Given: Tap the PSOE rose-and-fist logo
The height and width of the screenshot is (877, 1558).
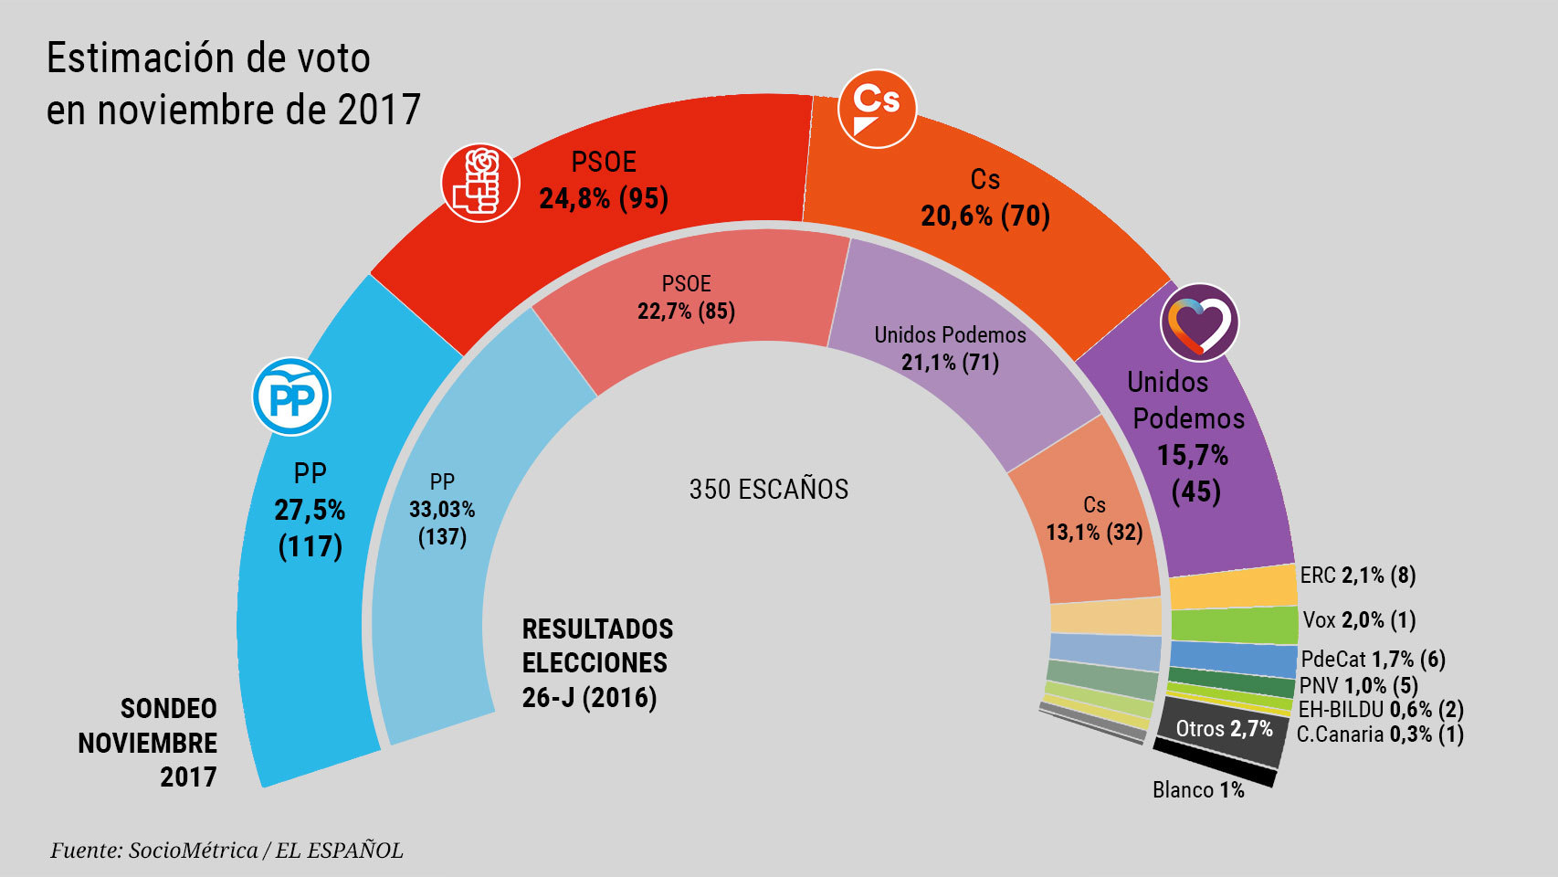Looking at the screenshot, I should [480, 183].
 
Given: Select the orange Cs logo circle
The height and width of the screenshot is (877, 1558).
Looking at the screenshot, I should [877, 109].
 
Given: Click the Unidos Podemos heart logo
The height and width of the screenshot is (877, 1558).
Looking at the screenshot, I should [1199, 324].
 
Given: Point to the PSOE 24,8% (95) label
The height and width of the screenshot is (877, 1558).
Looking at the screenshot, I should [604, 198].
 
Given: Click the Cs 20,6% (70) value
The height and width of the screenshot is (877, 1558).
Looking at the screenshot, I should [985, 216].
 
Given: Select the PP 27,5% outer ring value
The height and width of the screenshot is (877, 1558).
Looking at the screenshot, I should [310, 510].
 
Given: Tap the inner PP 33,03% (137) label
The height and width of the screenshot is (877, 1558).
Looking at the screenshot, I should [442, 510].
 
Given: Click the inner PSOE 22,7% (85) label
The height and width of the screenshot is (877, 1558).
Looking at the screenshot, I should [686, 311].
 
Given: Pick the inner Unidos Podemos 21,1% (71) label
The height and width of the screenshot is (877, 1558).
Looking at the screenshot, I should [950, 362].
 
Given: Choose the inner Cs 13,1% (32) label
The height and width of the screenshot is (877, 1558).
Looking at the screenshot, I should [1094, 532].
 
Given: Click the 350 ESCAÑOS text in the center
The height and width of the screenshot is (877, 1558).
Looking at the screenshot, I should [769, 490].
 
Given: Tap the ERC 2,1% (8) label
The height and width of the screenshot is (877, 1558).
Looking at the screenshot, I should [1357, 576].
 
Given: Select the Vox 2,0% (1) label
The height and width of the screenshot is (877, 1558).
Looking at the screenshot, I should [1358, 620].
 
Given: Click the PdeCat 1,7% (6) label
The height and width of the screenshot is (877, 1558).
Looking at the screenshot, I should [1373, 659].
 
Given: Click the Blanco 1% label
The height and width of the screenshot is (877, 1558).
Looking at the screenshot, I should [1198, 789].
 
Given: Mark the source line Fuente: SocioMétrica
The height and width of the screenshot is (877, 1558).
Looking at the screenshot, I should [226, 851].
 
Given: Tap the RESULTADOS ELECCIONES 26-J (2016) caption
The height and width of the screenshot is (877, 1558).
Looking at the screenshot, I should [597, 663].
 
